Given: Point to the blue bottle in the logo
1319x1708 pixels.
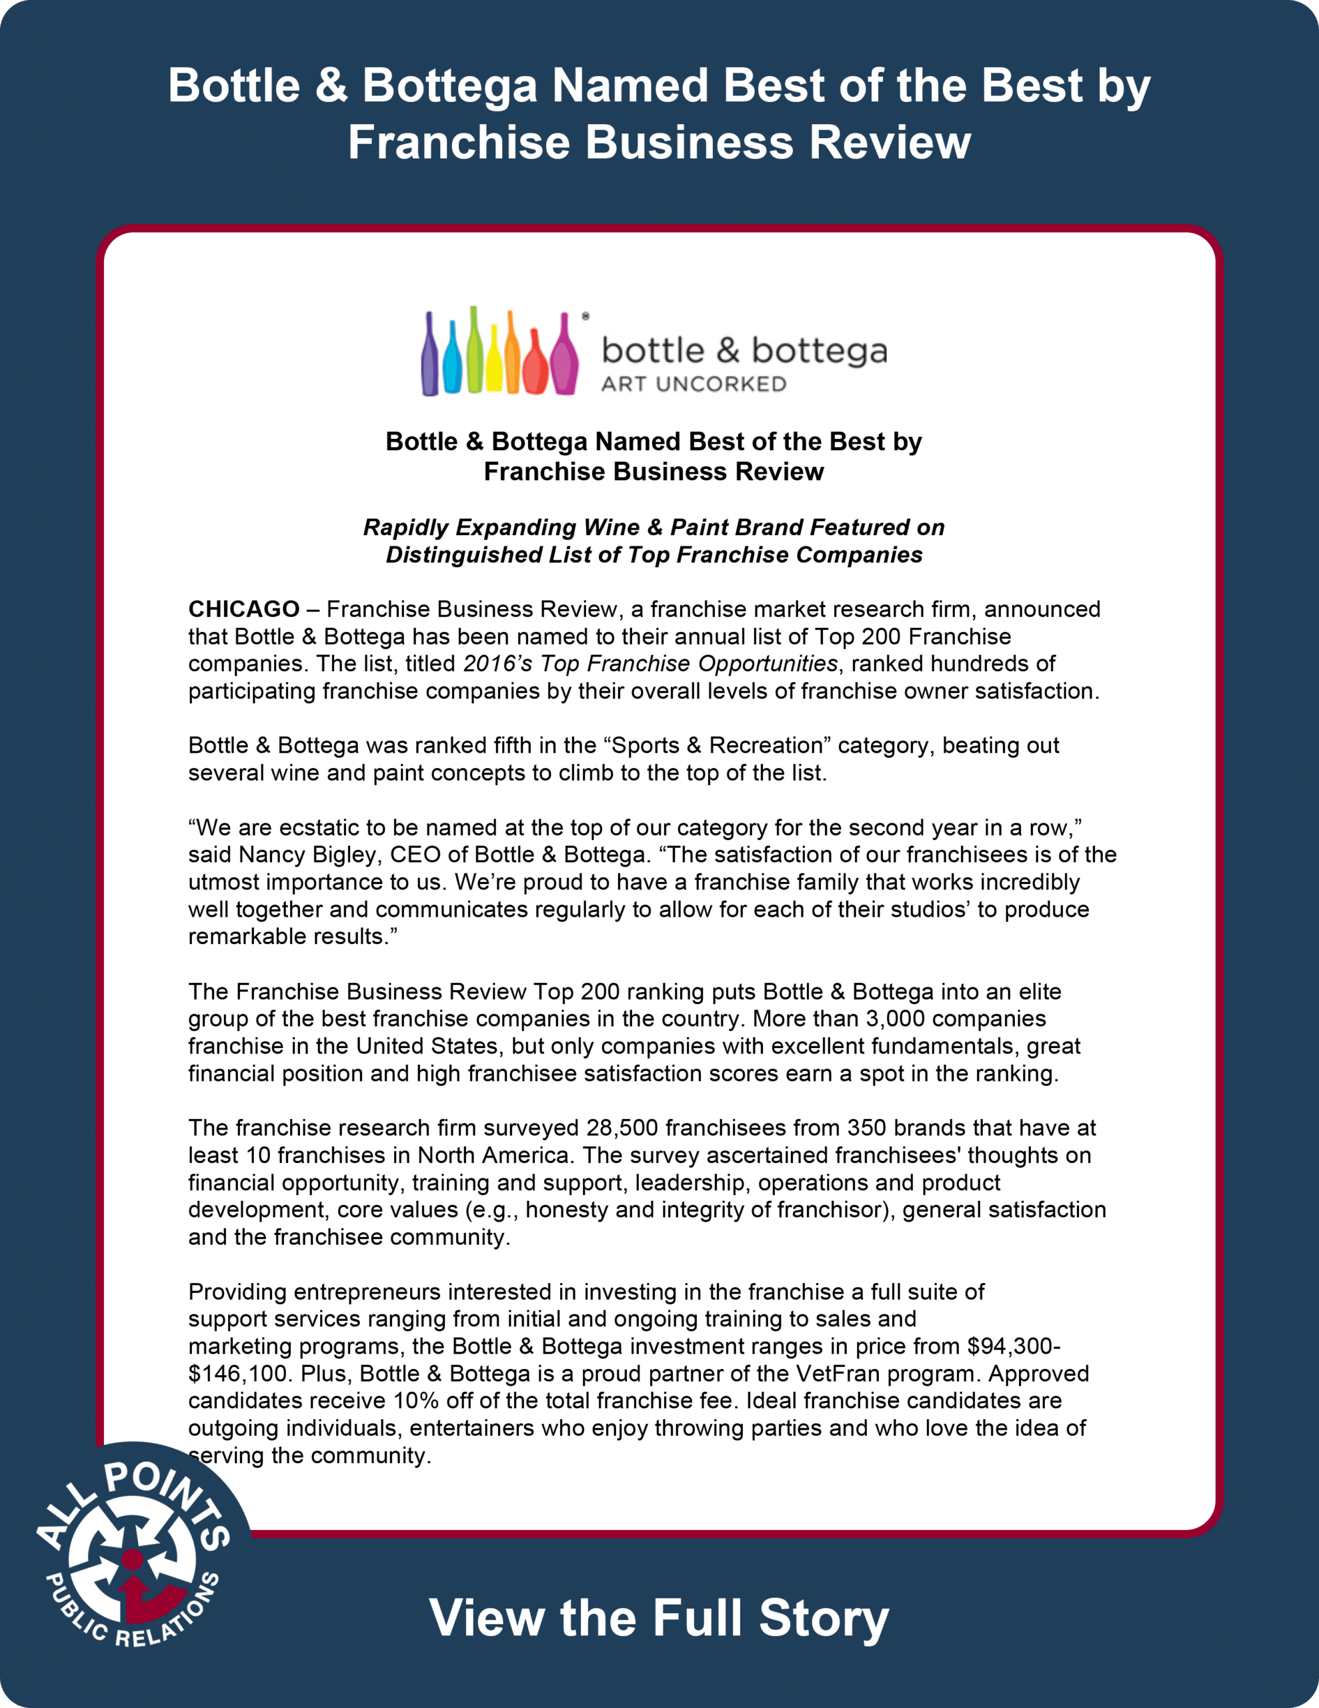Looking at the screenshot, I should pos(452,362).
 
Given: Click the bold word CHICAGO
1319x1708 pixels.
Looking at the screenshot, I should pos(244,608).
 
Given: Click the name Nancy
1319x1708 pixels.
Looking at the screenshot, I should pos(273,854).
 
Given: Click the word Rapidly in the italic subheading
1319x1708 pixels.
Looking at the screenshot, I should pos(406,527).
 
